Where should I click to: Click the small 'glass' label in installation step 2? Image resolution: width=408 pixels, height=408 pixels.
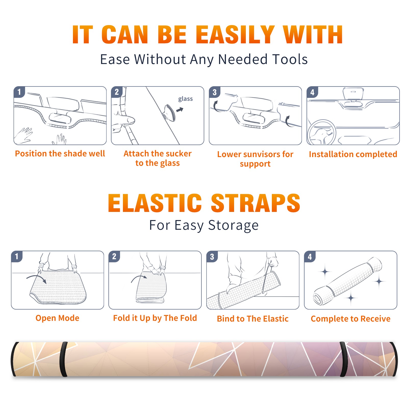tap(185, 99)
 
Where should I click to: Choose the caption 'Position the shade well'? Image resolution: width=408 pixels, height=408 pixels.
tap(60, 154)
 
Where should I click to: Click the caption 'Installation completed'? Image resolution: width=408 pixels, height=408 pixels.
tap(353, 154)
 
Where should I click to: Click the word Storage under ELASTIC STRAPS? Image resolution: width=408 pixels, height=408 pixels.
tap(233, 225)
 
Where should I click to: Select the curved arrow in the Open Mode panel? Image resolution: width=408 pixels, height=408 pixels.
tap(36, 278)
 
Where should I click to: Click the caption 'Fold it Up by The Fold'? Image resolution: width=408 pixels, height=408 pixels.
tap(155, 318)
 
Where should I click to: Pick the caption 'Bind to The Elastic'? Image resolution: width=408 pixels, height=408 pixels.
tap(253, 318)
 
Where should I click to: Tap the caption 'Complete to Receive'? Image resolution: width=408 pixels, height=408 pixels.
tap(351, 318)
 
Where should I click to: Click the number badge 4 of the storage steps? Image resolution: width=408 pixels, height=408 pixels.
tap(310, 257)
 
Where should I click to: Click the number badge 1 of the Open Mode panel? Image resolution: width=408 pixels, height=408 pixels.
tap(17, 257)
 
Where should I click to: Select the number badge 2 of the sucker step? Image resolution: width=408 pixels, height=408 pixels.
tap(117, 92)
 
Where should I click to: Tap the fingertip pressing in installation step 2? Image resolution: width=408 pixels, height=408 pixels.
tap(131, 120)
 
